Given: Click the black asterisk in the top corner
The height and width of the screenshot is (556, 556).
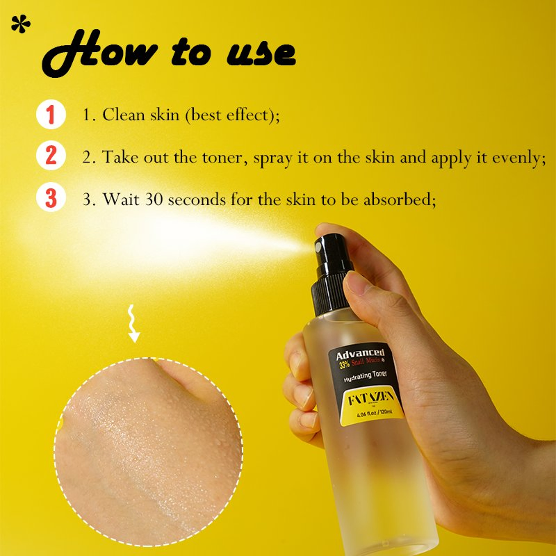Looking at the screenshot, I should click(22, 24).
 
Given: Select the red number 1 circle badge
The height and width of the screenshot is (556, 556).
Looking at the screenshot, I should click(51, 115).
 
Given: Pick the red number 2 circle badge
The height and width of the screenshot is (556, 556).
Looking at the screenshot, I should click(51, 156).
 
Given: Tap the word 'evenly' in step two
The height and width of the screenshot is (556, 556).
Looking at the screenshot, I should click(514, 158).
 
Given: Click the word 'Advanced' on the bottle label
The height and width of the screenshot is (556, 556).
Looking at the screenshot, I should click(359, 354).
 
